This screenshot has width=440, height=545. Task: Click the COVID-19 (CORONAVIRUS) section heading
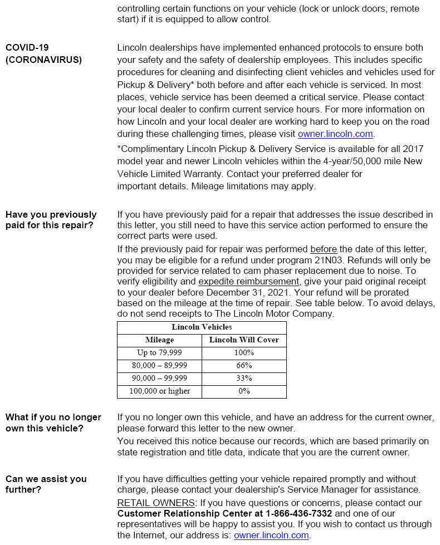(x=43, y=53)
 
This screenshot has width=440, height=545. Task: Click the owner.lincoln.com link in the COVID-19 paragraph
(x=336, y=134)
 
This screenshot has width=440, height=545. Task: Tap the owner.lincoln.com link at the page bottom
(x=271, y=535)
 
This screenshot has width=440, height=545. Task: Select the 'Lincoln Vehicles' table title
(x=202, y=327)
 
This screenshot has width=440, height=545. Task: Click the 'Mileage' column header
(x=159, y=340)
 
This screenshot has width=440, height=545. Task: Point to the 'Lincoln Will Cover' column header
(x=244, y=340)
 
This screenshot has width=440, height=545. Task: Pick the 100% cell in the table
(x=244, y=352)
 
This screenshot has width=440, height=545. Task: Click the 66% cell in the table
(x=244, y=365)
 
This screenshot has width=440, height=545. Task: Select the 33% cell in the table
(x=244, y=378)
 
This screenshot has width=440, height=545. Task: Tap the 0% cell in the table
(x=244, y=391)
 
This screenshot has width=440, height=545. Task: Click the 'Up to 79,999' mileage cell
(x=159, y=352)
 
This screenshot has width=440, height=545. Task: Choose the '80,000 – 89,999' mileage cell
(x=159, y=365)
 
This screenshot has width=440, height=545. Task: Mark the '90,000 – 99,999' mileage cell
(x=159, y=378)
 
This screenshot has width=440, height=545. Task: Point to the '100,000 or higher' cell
(x=159, y=391)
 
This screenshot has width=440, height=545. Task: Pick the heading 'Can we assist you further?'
(x=46, y=484)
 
